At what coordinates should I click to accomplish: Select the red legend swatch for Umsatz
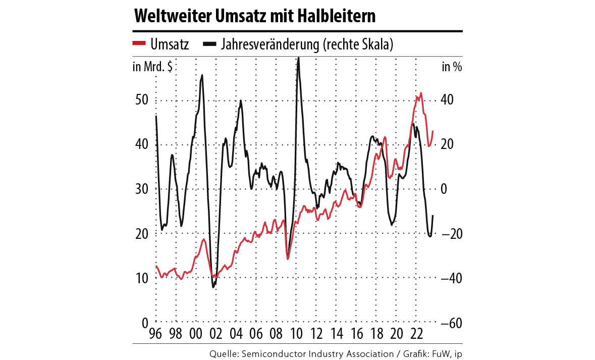pos(140,44)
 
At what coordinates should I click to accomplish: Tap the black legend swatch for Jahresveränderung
pos(210,44)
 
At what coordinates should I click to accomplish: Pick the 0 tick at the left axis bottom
pos(143,323)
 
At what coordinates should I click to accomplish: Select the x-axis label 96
pos(156,334)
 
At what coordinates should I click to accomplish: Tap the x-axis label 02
pos(215,334)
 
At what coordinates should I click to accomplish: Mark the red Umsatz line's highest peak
pos(421,93)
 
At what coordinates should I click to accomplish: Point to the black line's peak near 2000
pos(202,75)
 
